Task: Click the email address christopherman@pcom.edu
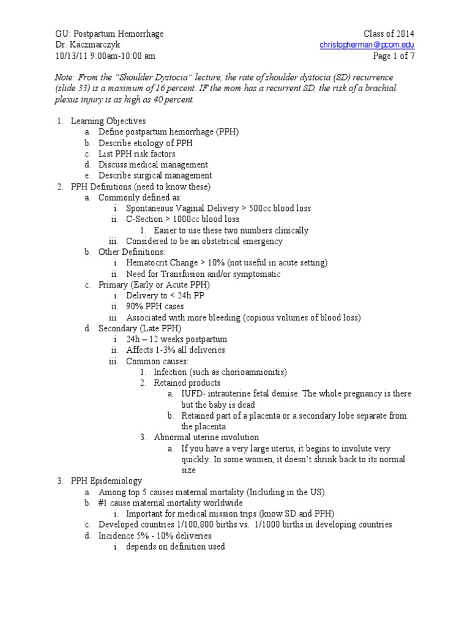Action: pos(371,45)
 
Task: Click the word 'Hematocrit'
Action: pos(149,263)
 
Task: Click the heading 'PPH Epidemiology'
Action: pos(106,481)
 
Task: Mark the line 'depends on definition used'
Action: pos(176,547)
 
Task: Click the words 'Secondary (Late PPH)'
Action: pos(140,328)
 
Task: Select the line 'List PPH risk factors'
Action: pos(137,154)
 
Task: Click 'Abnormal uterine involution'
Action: pos(206,437)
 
